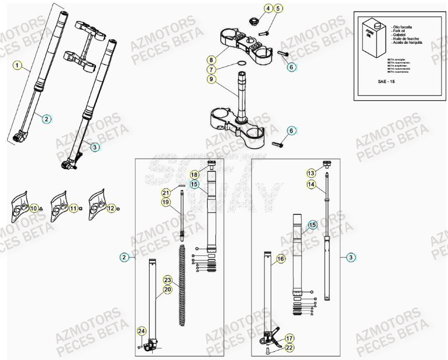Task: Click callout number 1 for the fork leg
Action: coord(18,64)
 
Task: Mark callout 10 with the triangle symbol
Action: coord(34,208)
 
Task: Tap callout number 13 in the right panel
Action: coord(311,173)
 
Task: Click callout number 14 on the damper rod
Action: coord(311,184)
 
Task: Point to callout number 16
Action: coord(281,258)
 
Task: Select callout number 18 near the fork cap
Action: coord(194,174)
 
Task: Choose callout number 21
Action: coord(166,193)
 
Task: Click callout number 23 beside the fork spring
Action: coord(167,280)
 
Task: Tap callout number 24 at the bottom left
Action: coord(141,331)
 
